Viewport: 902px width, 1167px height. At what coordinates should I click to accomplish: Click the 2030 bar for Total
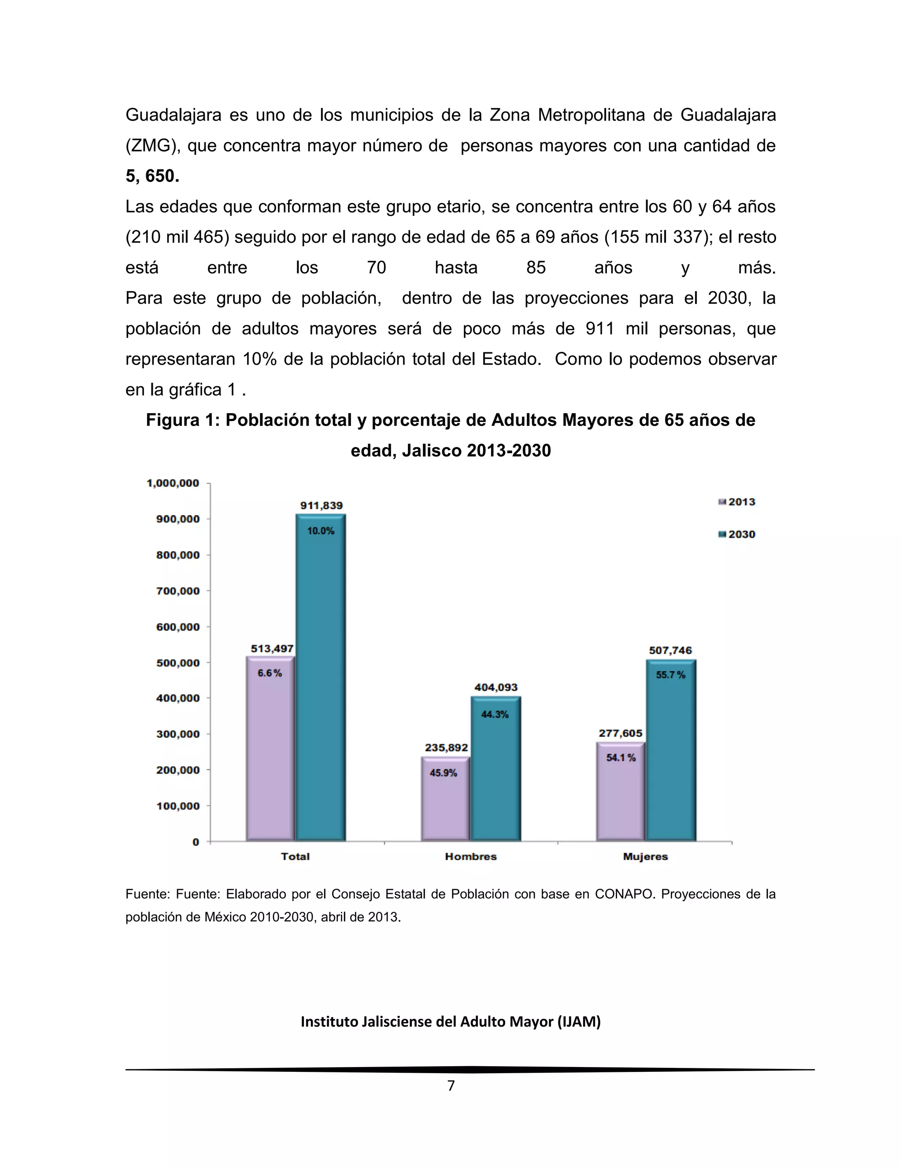pos(321,679)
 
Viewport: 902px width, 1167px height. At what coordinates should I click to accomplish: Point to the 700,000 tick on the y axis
pos(177,591)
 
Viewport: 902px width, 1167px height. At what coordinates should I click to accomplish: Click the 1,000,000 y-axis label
pos(173,483)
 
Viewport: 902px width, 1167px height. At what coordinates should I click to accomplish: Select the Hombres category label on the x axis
pos(471,857)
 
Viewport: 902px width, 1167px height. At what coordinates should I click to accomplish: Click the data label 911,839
pos(321,506)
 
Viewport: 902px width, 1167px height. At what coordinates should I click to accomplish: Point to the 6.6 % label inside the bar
pos(270,673)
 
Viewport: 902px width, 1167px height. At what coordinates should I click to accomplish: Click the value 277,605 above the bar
pos(621,733)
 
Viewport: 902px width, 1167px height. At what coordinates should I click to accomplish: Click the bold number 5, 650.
pos(152,176)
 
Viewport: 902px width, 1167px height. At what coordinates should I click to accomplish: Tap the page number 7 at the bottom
pos(451,1086)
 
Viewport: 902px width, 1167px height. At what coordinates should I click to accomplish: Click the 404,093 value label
pos(496,687)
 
